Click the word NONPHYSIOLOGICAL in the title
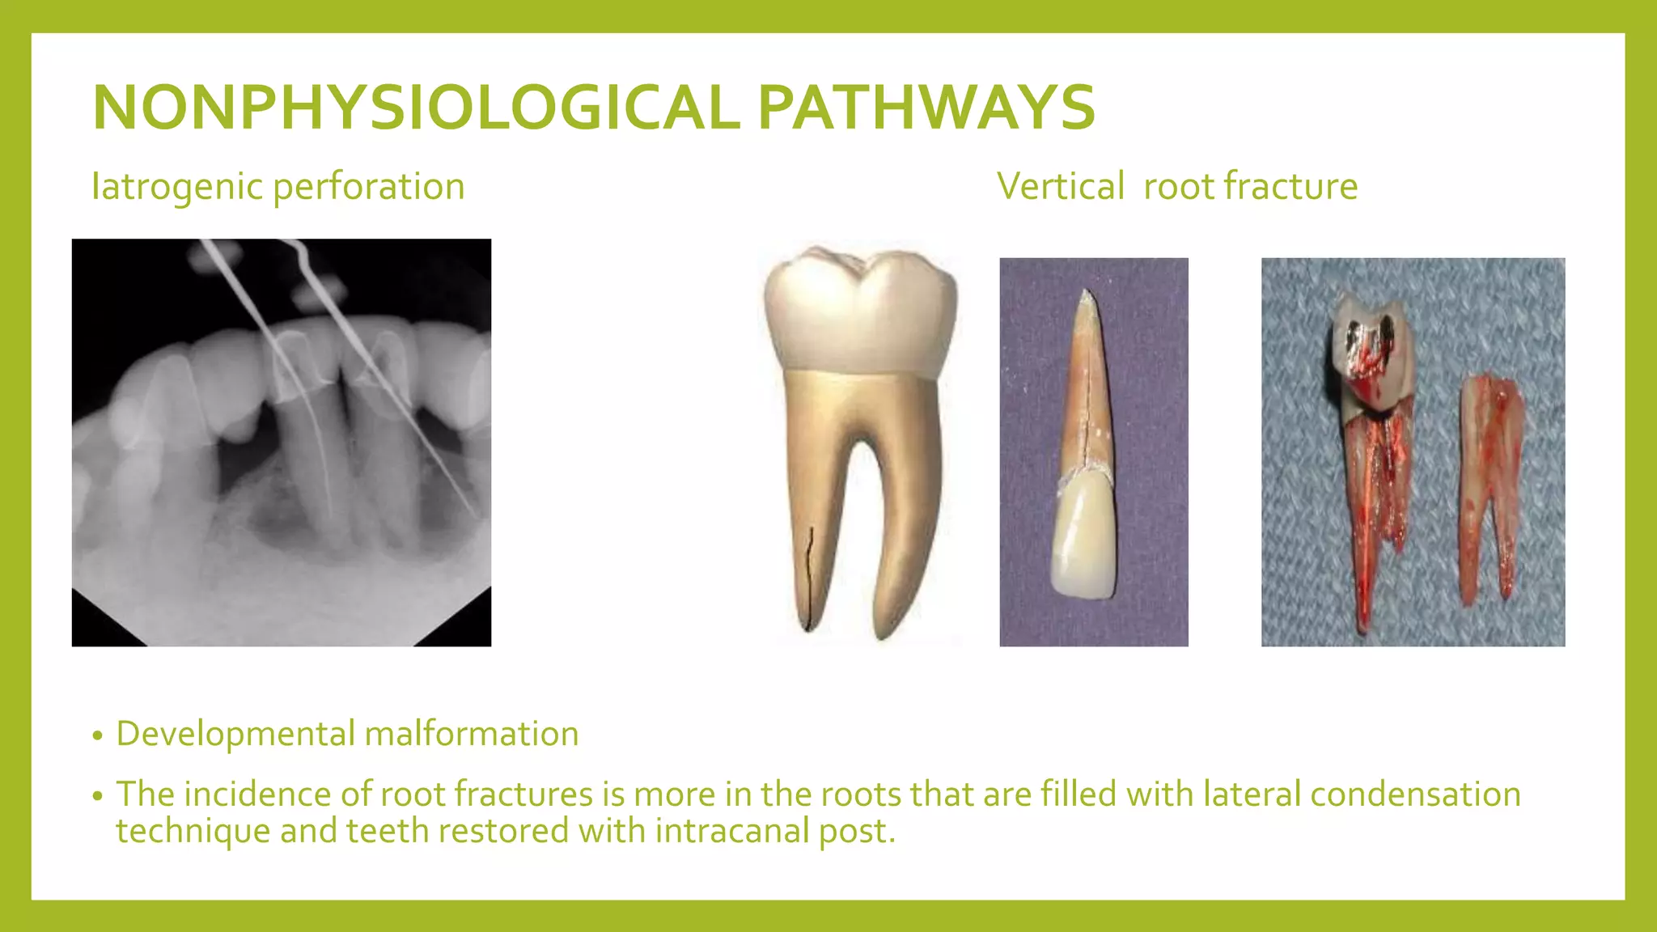(415, 108)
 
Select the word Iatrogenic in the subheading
(177, 187)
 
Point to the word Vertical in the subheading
(1061, 187)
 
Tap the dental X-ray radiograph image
(281, 442)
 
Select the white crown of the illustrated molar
(860, 311)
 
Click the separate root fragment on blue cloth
(1491, 485)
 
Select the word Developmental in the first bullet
(235, 735)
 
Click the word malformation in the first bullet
(472, 735)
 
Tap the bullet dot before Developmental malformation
(98, 736)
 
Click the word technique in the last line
(193, 832)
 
